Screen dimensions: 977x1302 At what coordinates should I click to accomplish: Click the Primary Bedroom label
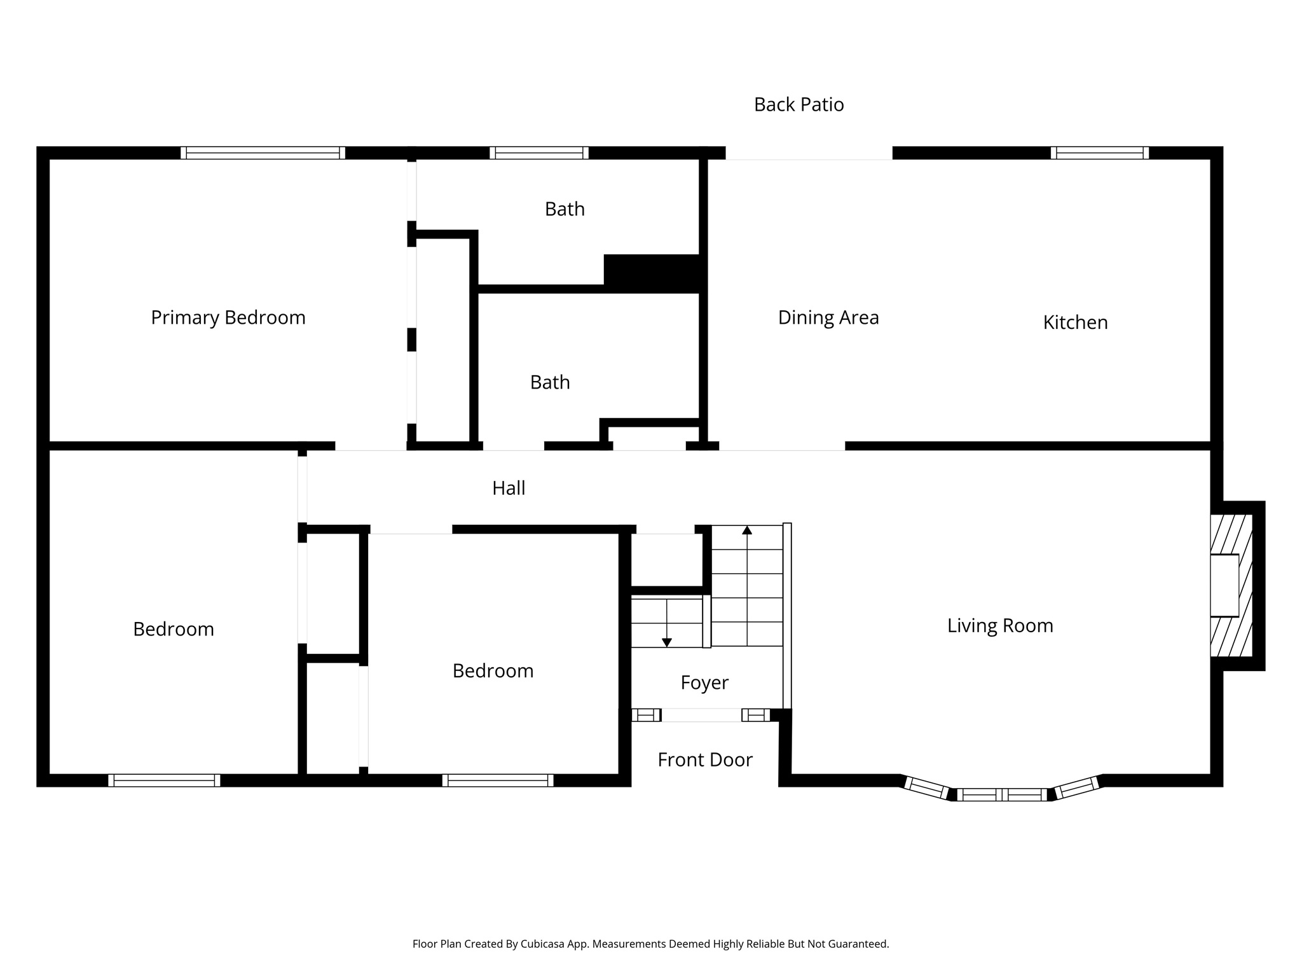click(x=228, y=317)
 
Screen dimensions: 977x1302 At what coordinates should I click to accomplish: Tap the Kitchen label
click(x=1075, y=322)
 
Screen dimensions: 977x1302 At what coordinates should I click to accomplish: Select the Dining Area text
click(x=828, y=317)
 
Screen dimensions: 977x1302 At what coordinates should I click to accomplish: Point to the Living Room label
click(x=999, y=625)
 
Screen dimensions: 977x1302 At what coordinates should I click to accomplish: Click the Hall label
click(x=509, y=488)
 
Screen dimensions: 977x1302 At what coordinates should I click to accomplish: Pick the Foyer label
click(x=704, y=683)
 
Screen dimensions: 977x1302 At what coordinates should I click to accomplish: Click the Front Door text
click(x=704, y=759)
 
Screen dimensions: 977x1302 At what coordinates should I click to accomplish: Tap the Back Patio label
click(x=798, y=104)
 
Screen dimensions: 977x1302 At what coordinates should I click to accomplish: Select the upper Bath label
click(x=565, y=209)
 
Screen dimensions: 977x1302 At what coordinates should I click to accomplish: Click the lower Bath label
click(x=550, y=382)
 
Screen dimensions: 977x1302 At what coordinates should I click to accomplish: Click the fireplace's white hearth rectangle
click(x=1224, y=585)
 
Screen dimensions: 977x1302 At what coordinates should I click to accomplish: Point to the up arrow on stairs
click(x=747, y=530)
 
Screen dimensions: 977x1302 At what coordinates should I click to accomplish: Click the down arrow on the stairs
click(x=666, y=642)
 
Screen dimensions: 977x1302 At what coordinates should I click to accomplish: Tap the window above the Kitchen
click(x=1099, y=153)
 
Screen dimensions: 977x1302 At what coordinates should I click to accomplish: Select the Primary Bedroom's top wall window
click(x=263, y=153)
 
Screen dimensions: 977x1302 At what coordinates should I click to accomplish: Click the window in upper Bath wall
click(x=538, y=153)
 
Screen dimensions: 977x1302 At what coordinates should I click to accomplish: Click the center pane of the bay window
click(x=1001, y=794)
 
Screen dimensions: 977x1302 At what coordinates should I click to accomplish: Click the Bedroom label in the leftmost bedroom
click(x=173, y=629)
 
